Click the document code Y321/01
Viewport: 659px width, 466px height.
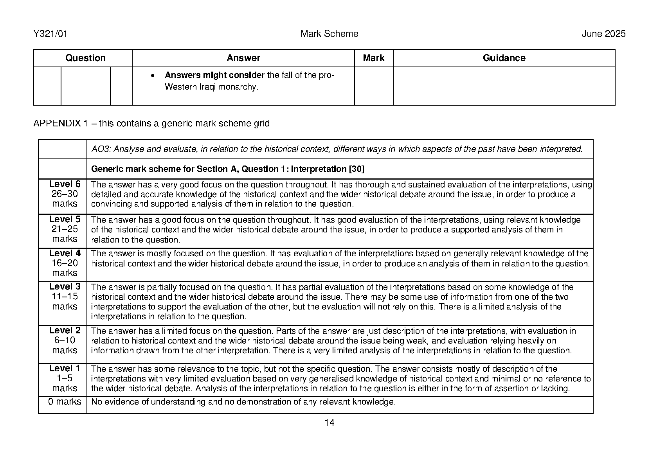pyautogui.click(x=50, y=34)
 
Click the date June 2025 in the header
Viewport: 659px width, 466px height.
pyautogui.click(x=603, y=34)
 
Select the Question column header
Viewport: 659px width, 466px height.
pyautogui.click(x=85, y=58)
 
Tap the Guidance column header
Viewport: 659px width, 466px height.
pyautogui.click(x=504, y=58)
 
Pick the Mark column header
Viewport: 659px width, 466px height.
pyautogui.click(x=373, y=58)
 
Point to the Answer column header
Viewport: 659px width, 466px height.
pyautogui.click(x=243, y=58)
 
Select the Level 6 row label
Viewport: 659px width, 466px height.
pyautogui.click(x=65, y=184)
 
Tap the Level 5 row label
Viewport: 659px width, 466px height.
pyautogui.click(x=65, y=220)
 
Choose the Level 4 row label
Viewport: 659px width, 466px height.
pyautogui.click(x=65, y=254)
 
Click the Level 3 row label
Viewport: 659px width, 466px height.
pyautogui.click(x=65, y=287)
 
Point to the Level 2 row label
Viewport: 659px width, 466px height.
pyautogui.click(x=65, y=331)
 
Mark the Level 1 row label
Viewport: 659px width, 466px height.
pyautogui.click(x=65, y=369)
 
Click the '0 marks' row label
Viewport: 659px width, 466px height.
pyautogui.click(x=65, y=402)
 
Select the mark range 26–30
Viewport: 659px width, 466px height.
pyautogui.click(x=65, y=194)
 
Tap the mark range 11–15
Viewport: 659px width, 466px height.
pyautogui.click(x=65, y=297)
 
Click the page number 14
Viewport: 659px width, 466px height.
pyautogui.click(x=329, y=423)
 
